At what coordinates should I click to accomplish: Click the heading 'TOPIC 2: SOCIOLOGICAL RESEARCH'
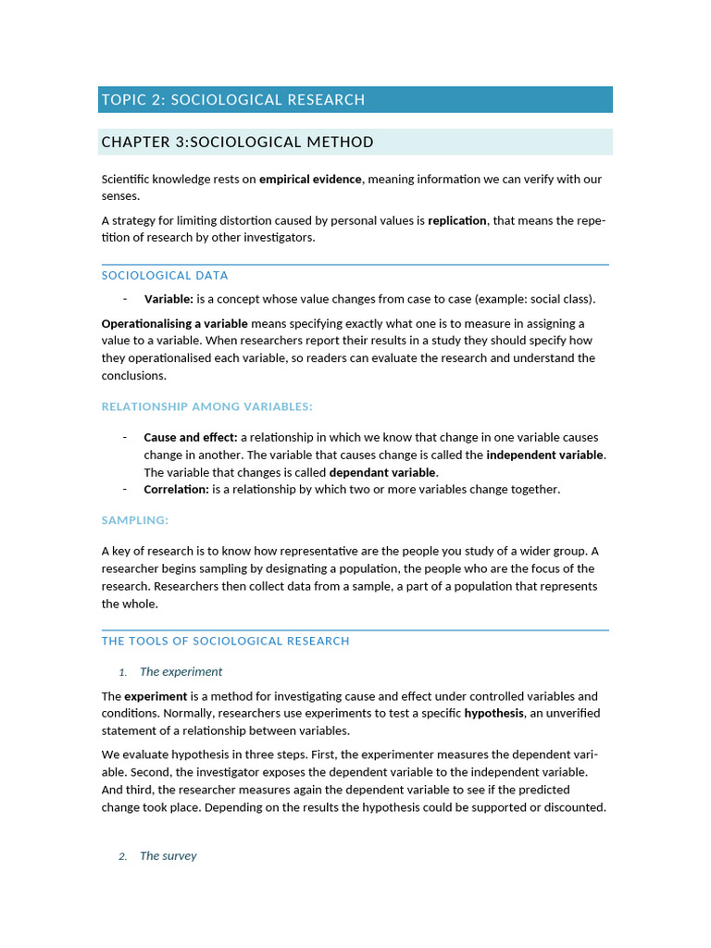pos(233,100)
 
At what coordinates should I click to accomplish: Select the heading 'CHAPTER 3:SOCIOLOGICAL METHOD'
pos(238,143)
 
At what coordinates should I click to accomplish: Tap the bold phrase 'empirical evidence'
pos(311,180)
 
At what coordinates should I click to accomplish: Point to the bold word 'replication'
pos(456,221)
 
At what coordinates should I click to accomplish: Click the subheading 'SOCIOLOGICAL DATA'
pos(165,276)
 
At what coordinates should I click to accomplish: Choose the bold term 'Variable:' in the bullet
pos(168,299)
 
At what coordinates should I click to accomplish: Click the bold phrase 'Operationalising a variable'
pos(174,324)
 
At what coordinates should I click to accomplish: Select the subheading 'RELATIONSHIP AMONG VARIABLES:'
pos(207,407)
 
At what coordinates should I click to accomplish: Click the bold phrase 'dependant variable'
pos(381,472)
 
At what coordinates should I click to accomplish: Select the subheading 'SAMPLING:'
pos(135,521)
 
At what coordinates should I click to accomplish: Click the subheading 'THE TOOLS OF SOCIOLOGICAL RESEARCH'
pos(226,642)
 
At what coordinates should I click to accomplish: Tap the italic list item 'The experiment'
pos(181,672)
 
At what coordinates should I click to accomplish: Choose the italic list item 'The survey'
pos(168,856)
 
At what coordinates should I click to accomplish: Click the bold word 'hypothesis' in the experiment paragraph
pos(493,714)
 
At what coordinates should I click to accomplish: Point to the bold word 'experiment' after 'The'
pos(156,696)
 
